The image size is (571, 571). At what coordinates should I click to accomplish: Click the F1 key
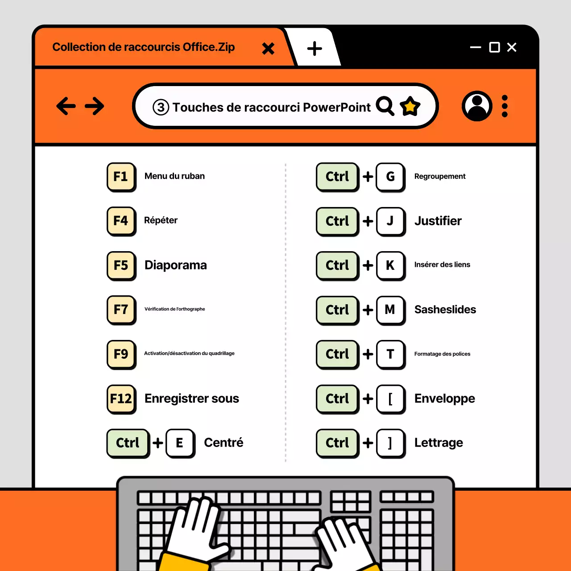(121, 177)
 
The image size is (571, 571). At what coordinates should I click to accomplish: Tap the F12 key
(121, 398)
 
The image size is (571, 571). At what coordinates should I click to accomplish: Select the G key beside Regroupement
(390, 177)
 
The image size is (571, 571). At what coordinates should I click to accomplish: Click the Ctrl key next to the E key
(128, 443)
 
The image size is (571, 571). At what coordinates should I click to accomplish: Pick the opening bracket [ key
(390, 398)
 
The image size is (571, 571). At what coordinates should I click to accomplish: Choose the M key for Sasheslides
(390, 310)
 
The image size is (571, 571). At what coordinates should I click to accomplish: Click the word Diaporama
(175, 265)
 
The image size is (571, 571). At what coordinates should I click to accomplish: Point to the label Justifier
(438, 221)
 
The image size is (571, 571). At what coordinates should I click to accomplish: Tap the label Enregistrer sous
(191, 398)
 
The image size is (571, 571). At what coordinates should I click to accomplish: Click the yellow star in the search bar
(410, 107)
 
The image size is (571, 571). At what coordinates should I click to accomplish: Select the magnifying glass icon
(385, 106)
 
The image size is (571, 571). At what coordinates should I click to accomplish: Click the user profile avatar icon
(477, 106)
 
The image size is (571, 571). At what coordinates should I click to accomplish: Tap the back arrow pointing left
(66, 106)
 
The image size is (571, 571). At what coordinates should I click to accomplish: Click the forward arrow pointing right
(95, 106)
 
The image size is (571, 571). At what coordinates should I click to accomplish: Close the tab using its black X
(268, 48)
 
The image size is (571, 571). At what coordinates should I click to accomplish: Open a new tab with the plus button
(314, 48)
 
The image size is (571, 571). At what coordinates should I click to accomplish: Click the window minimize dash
(476, 47)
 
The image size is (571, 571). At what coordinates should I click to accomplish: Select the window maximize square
(494, 47)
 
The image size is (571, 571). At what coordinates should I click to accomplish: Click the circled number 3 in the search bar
(161, 107)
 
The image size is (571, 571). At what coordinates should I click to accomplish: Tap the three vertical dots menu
(505, 106)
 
